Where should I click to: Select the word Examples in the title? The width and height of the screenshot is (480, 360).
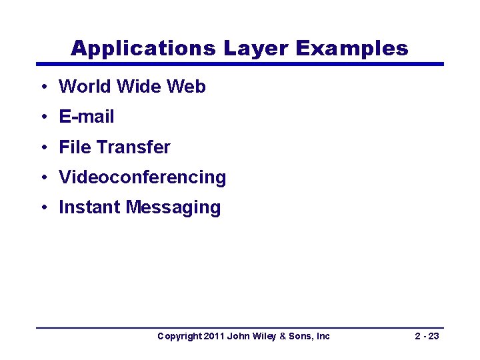(351, 48)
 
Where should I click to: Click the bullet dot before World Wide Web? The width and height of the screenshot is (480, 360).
(43, 87)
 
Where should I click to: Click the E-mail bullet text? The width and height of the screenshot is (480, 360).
(87, 117)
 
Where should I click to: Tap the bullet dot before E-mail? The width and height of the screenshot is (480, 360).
(43, 117)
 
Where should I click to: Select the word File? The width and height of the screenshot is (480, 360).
(73, 147)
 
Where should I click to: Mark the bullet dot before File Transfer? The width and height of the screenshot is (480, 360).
(43, 147)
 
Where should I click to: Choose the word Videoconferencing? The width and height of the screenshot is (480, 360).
(143, 177)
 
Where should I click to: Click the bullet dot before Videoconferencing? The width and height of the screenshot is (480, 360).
(43, 177)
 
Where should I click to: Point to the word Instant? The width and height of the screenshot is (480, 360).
(89, 207)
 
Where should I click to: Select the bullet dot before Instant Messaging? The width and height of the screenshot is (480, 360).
(43, 207)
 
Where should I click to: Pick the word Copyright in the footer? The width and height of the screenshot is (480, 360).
(178, 336)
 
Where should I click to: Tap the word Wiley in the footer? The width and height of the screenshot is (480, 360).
(265, 336)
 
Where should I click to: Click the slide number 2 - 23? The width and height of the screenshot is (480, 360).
(427, 336)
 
